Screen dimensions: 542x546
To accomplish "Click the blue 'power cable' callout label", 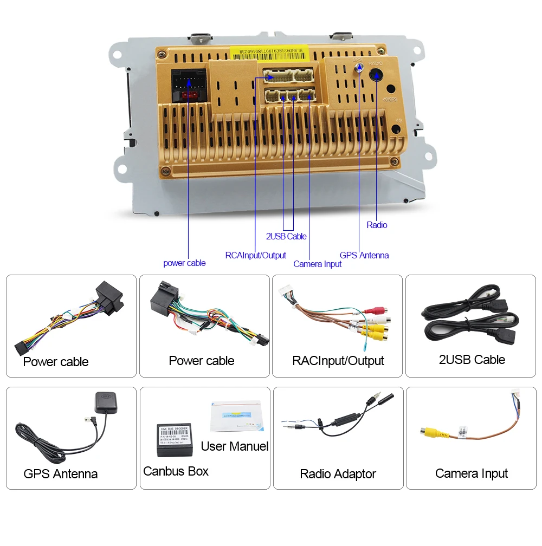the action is coord(184,263).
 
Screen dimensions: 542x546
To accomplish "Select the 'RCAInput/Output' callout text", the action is coord(255,255).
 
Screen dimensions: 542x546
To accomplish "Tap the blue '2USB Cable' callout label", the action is coord(286,236).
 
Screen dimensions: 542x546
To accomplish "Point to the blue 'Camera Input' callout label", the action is coord(318,264).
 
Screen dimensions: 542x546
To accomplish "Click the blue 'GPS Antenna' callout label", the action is coord(364,255).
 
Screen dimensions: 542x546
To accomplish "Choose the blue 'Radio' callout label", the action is coord(377,225).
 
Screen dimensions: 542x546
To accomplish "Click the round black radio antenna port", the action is coord(376,75).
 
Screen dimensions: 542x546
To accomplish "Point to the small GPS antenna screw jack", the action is coord(358,69).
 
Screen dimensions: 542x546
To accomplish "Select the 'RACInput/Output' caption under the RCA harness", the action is coord(338,361).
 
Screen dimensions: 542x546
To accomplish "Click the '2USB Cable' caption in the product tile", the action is coord(472,360).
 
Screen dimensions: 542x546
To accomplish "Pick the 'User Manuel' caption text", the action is coord(234,446).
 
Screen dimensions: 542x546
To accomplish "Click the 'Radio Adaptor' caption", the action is coord(338,474).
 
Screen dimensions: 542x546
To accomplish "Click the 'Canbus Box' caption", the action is coord(176,471).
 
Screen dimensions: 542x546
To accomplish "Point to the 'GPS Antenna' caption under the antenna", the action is coord(61,474).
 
